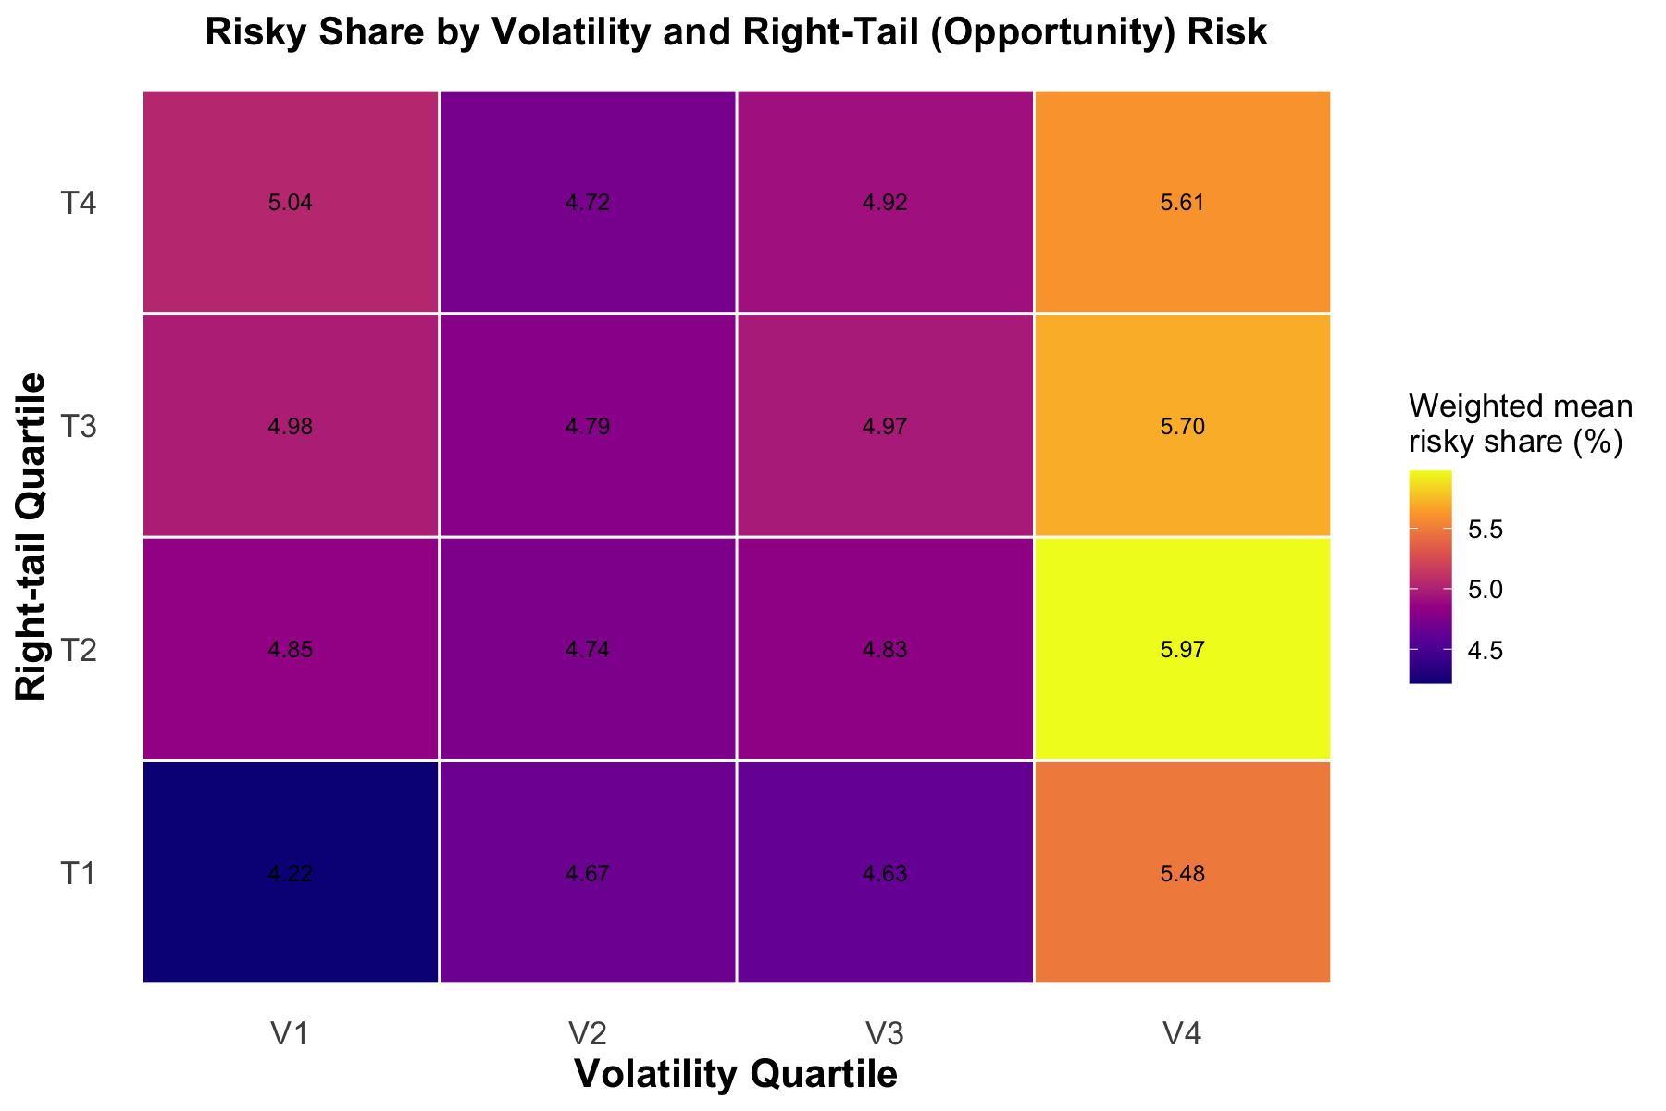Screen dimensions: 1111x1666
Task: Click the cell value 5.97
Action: tap(1182, 650)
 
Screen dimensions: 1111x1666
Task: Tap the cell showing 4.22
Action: tap(291, 873)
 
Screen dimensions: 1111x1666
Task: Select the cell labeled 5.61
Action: tap(1182, 204)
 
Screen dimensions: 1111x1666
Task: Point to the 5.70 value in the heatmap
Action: tap(1182, 427)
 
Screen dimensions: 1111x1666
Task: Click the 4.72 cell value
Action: tap(588, 204)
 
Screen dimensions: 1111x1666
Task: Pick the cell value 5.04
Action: tap(291, 204)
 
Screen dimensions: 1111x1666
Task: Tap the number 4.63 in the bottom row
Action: tap(885, 873)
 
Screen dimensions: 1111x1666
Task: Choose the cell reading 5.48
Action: tap(1182, 873)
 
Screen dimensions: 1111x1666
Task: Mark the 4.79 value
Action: tap(588, 427)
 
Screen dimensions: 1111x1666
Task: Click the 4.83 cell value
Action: tap(885, 650)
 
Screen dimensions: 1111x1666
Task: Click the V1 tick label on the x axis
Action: tap(291, 1033)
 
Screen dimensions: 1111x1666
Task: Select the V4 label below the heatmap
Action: tap(1182, 1033)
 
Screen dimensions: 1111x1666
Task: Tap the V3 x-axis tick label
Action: tap(885, 1033)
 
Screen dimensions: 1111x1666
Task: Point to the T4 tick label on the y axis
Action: tap(79, 204)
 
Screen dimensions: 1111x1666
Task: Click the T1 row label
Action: tap(79, 873)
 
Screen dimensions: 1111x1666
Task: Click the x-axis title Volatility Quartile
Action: tap(736, 1075)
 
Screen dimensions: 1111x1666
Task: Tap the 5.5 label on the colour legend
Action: tap(1486, 530)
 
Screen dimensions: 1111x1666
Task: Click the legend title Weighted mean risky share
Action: tap(1520, 424)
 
